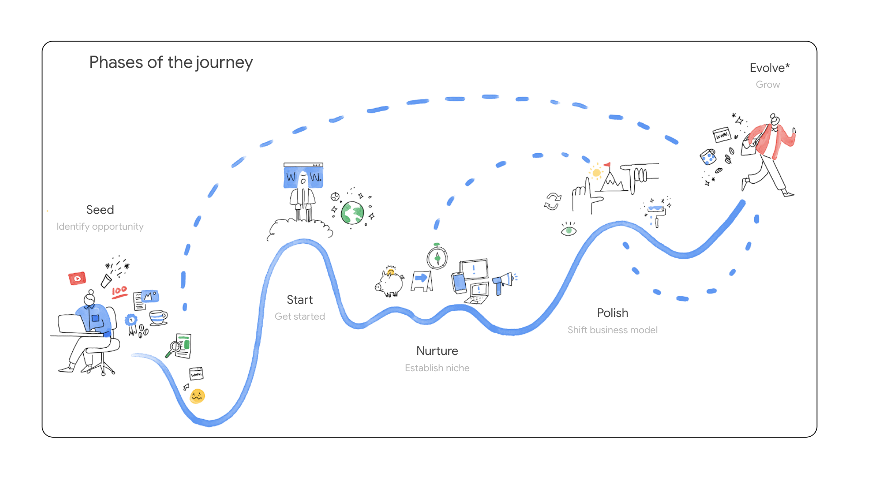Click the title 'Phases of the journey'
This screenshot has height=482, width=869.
171,62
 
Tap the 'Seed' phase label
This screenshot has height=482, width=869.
100,210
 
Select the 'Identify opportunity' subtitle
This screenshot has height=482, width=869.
100,227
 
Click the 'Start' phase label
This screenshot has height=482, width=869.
299,300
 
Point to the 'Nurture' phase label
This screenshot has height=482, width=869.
437,351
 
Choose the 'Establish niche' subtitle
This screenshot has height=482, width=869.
437,368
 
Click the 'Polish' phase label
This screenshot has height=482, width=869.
612,313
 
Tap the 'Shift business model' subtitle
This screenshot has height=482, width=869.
612,330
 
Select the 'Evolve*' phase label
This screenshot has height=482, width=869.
769,68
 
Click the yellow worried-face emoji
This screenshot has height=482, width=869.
198,396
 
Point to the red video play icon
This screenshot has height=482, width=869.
77,279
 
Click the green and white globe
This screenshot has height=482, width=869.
352,213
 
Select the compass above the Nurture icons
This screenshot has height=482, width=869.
437,258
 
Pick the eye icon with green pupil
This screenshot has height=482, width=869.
568,230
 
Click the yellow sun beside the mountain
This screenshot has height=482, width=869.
596,173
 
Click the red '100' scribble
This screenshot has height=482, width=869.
119,292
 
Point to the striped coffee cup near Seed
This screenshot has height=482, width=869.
158,317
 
